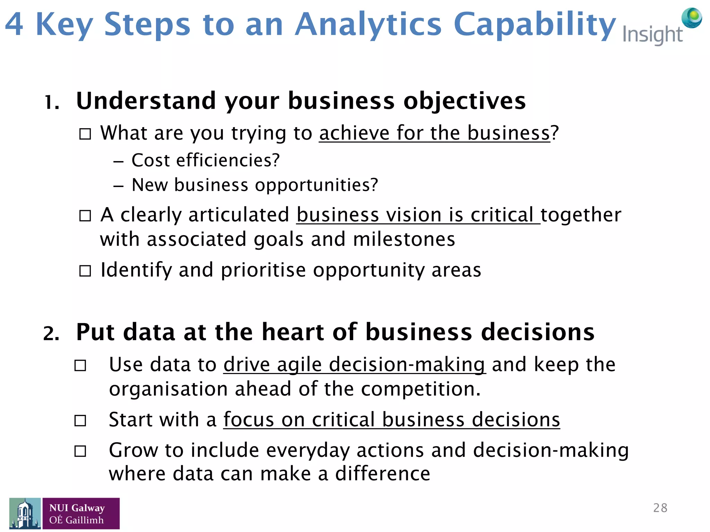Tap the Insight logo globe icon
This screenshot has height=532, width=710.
tap(691, 18)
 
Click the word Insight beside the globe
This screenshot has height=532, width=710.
tap(652, 35)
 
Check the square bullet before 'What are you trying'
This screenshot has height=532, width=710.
tap(85, 134)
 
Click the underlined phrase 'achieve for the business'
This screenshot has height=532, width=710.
tap(434, 133)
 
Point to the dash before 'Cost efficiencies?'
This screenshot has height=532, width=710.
tap(118, 162)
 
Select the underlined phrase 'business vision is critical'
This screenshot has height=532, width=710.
tap(418, 215)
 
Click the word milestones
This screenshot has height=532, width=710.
tap(404, 240)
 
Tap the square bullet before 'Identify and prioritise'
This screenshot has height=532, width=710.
tap(85, 271)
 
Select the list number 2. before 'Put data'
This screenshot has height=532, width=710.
tap(51, 334)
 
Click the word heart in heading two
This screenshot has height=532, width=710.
tap(293, 332)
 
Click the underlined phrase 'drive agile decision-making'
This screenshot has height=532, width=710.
tap(354, 365)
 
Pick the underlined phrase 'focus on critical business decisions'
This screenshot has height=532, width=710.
tap(391, 420)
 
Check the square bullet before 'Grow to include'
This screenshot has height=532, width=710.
tap(80, 451)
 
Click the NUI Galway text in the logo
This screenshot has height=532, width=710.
tap(77, 508)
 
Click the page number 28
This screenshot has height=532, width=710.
tap(660, 508)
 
